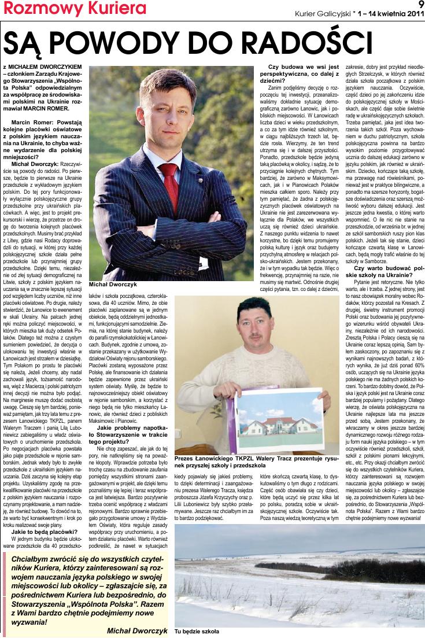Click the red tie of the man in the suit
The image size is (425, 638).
click(x=170, y=177)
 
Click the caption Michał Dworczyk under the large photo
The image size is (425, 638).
click(x=112, y=286)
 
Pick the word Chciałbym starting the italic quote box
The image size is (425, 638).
click(x=35, y=559)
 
